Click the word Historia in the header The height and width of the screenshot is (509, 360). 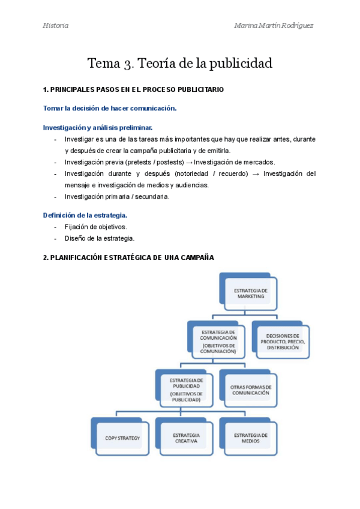56,25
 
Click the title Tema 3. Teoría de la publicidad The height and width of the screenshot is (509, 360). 180,63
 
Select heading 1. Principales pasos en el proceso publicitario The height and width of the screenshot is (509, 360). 133,89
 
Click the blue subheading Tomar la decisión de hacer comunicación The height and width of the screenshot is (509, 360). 110,108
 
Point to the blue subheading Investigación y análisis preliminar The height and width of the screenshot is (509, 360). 98,127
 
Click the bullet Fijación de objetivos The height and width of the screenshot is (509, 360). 95,226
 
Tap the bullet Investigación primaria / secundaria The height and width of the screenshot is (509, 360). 117,196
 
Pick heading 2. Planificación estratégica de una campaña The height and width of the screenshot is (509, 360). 128,258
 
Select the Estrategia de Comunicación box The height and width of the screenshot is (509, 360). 218,339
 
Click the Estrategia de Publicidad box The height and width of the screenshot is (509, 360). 186,388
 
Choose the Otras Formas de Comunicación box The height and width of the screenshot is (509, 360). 251,390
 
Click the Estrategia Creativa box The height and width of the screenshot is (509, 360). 186,438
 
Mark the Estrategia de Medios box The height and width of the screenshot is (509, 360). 251,438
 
